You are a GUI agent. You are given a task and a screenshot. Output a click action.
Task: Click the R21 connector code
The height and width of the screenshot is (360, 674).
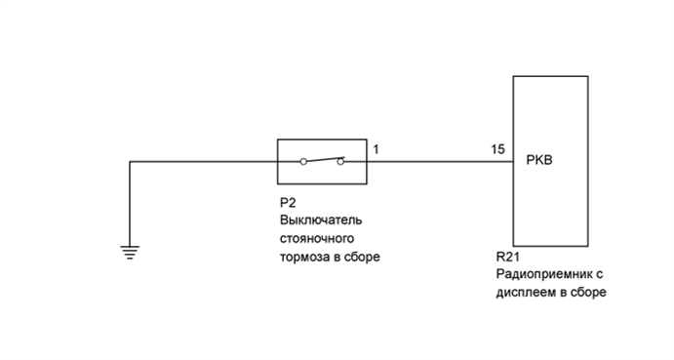coord(507,260)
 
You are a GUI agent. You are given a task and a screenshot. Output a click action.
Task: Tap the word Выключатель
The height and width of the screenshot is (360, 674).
coord(318,220)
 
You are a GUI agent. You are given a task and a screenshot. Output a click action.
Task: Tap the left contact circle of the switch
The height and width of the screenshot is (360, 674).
coord(303,162)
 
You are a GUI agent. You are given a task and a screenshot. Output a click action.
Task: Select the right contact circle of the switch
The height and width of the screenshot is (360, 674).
coord(340,162)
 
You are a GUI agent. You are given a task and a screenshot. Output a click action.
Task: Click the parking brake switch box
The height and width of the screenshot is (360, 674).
coord(322,161)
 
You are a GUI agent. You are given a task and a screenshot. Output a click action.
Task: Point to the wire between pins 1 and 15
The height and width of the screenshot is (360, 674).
coord(439,162)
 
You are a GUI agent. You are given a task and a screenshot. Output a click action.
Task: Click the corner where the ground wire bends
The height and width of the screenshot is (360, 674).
coord(130,162)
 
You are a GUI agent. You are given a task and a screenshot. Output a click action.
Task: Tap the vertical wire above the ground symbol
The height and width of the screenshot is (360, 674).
coord(130,205)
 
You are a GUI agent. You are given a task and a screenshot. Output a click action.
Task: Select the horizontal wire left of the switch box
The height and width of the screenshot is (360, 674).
coord(205,162)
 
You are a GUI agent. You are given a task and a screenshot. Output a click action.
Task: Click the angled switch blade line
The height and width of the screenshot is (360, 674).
coord(323,158)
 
